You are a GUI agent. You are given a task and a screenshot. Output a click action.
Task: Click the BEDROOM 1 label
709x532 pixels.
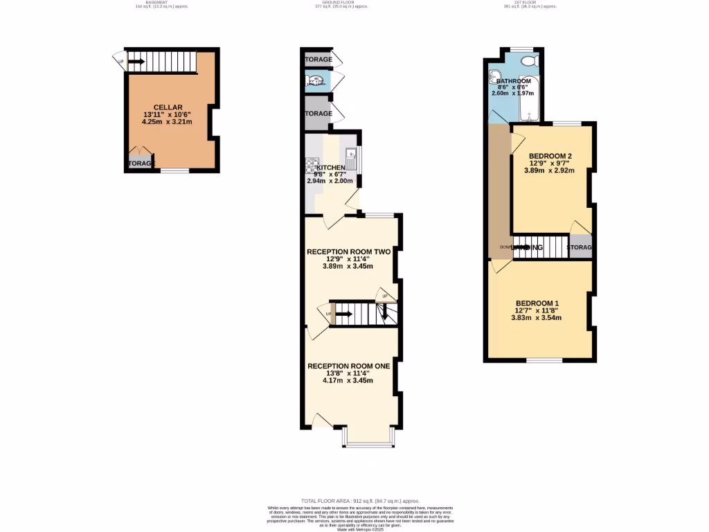tap(537, 303)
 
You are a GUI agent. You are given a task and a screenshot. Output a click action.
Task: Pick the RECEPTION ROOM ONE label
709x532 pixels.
tap(348, 366)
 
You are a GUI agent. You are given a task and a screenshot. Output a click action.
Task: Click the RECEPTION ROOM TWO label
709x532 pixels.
tap(348, 251)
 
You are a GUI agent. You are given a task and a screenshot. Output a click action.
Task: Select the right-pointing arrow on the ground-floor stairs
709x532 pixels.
tap(344, 314)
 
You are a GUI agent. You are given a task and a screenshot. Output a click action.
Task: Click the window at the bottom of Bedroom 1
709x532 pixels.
tap(544, 360)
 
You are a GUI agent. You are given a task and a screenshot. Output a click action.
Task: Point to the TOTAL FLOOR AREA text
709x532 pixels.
tap(360, 501)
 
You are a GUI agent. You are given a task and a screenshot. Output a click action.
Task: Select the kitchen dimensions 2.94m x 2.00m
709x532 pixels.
tap(330, 181)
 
